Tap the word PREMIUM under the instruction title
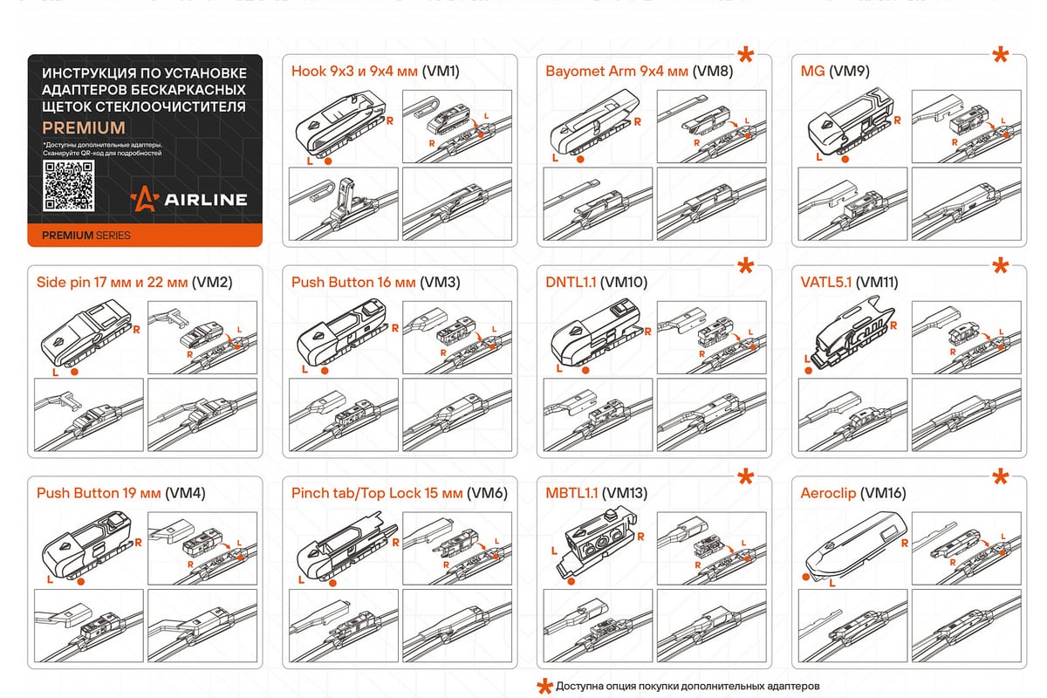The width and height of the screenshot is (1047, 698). coord(84,127)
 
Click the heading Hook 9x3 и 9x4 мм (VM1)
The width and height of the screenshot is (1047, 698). coord(375,72)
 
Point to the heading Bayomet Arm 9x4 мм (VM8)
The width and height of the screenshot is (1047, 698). coord(639,72)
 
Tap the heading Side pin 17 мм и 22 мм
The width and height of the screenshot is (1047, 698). coord(134,283)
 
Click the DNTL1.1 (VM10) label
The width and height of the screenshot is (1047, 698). coord(597,283)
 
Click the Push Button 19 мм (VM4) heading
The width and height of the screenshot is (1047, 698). coord(120,493)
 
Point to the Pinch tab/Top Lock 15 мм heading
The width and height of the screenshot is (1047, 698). coord(399,493)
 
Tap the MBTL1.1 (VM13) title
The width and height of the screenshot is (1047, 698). coord(597,493)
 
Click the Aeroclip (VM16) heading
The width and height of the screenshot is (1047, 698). coord(845,493)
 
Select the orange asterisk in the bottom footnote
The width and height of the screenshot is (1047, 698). coord(543,686)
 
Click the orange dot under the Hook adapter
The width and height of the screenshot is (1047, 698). coord(326,161)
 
